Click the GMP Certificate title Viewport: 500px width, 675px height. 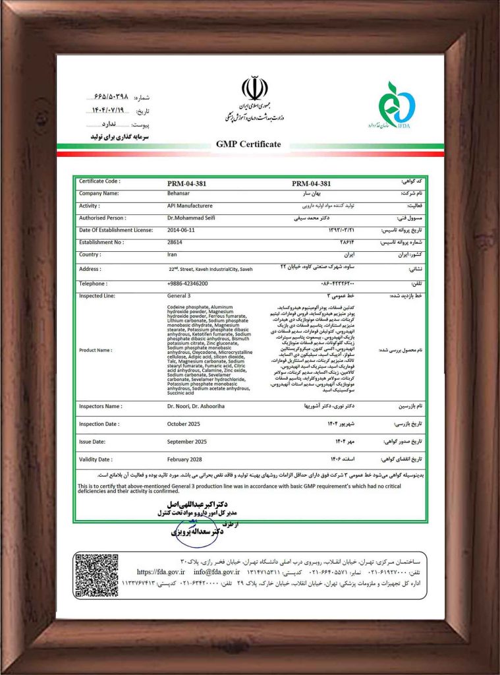[x=248, y=144]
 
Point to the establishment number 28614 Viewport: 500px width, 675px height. [x=175, y=243]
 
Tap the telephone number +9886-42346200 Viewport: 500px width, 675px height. [x=188, y=283]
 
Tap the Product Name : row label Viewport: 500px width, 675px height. [x=96, y=350]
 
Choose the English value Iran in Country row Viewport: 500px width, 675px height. [x=173, y=254]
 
